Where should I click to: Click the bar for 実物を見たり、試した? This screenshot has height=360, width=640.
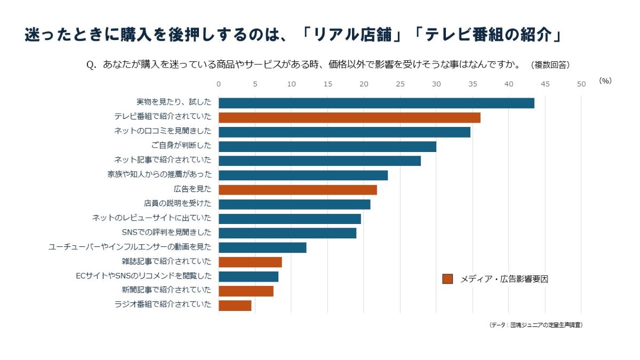pyautogui.click(x=376, y=103)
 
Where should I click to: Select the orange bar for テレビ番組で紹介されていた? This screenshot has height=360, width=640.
pyautogui.click(x=349, y=117)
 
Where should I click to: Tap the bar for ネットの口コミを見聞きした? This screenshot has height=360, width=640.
pyautogui.click(x=344, y=132)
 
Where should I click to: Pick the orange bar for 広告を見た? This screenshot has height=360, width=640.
pyautogui.click(x=298, y=189)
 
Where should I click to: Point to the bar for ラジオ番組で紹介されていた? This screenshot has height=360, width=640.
pyautogui.click(x=235, y=305)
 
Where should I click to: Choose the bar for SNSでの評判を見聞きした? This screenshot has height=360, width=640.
pyautogui.click(x=287, y=233)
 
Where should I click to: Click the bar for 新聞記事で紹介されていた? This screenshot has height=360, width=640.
pyautogui.click(x=246, y=291)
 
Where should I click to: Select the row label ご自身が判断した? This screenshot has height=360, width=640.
pyautogui.click(x=181, y=145)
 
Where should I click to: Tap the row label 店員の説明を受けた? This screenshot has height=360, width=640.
pyautogui.click(x=178, y=203)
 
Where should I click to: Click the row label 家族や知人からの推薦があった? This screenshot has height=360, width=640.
pyautogui.click(x=159, y=174)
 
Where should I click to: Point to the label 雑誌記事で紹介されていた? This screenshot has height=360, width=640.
pyautogui.click(x=166, y=261)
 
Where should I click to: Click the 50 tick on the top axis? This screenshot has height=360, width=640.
pyautogui.click(x=581, y=84)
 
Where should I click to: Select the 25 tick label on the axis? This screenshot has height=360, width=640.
pyautogui.click(x=400, y=84)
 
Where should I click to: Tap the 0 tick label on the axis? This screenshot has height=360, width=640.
pyautogui.click(x=219, y=84)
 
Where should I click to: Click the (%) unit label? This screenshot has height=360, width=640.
pyautogui.click(x=605, y=81)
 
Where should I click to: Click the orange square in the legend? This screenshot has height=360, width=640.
pyautogui.click(x=447, y=279)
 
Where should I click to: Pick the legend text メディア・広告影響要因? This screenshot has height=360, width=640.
pyautogui.click(x=504, y=279)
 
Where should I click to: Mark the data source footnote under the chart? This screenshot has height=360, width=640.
pyautogui.click(x=535, y=325)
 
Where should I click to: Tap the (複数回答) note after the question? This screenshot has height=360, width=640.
pyautogui.click(x=550, y=65)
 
